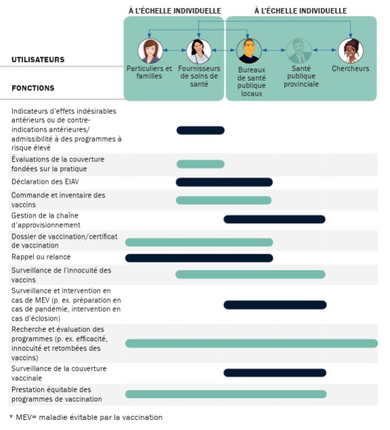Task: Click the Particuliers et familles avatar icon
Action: tap(149, 51)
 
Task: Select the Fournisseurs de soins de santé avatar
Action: tap(199, 51)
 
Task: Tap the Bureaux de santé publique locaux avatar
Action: tap(249, 52)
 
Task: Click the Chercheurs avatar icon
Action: tap(350, 51)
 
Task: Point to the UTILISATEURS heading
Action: tap(38, 60)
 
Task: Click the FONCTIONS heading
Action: tap(33, 88)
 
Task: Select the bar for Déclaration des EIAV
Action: tap(224, 182)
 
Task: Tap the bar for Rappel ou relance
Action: tap(199, 258)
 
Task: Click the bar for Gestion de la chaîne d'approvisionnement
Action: tap(274, 219)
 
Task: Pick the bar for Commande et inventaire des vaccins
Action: tap(223, 200)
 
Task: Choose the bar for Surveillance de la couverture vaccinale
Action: tap(275, 372)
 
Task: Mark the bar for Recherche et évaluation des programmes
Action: tap(251, 343)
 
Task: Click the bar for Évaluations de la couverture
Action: tap(200, 164)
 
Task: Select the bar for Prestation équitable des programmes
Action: tap(225, 394)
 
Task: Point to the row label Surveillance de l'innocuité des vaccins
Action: tap(61, 275)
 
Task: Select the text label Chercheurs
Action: tap(350, 69)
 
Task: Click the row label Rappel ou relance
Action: tap(41, 257)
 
